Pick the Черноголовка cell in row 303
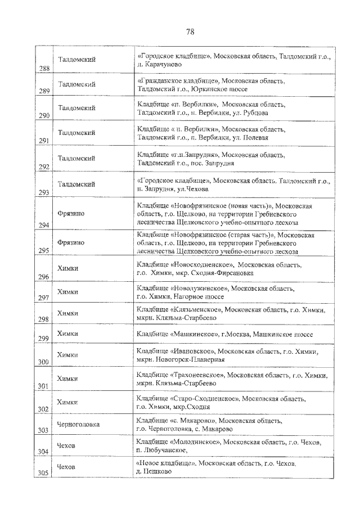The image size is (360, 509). tap(78, 424)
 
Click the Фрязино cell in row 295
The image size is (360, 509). tap(71, 242)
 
